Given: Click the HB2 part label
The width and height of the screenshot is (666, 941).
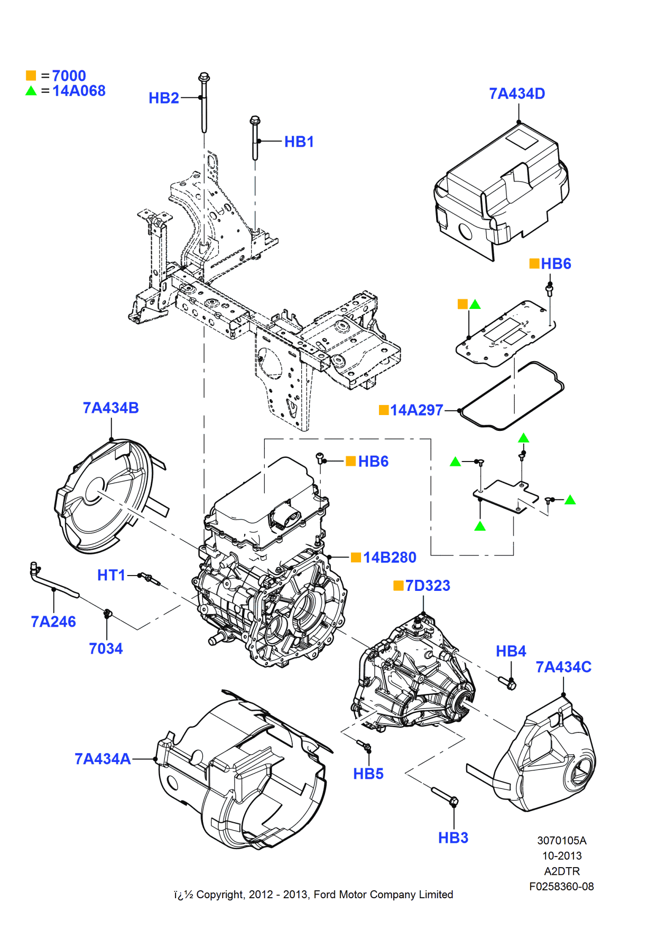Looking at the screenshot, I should (164, 98).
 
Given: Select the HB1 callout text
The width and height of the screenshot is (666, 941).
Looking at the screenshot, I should (299, 142).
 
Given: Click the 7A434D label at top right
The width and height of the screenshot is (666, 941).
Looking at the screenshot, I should (517, 93).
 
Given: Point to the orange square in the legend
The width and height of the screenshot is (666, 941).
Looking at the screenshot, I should (31, 76).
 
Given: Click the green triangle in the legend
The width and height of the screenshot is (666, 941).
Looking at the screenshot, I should (31, 91).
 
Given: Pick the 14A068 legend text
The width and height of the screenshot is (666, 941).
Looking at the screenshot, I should (79, 91).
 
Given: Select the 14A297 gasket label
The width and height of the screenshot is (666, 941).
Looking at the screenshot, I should (417, 410).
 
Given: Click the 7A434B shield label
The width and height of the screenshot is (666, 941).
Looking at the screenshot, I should (110, 408).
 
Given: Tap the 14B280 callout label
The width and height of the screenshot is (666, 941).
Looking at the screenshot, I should (390, 558).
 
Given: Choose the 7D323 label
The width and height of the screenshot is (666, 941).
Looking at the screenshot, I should (428, 586).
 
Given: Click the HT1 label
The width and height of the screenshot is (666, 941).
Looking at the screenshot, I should (111, 575).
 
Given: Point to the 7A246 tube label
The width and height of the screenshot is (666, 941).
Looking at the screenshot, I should (53, 622).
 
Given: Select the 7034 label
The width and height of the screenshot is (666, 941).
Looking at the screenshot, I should (106, 648).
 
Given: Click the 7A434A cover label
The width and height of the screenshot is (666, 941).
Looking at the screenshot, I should (103, 759).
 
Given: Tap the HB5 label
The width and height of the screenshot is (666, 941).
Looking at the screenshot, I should (368, 774).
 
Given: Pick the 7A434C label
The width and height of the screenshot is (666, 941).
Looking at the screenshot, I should (563, 667).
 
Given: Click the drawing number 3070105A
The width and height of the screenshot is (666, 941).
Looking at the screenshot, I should (562, 841).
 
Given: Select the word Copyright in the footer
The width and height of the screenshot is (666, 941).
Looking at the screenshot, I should (220, 895).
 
